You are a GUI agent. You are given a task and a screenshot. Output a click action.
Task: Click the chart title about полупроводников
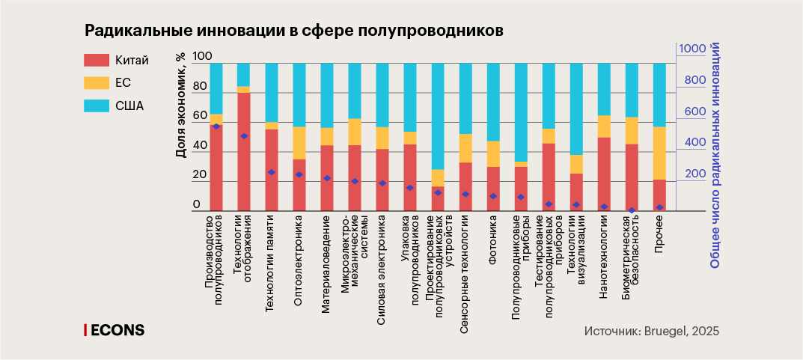tap(294, 31)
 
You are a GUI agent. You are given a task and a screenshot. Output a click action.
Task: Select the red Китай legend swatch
tap(97, 60)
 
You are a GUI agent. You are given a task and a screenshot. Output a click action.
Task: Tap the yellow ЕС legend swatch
tap(97, 82)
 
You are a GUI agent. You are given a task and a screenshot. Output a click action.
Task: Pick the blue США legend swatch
tap(97, 106)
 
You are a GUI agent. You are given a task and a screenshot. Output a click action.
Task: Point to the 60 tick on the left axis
tap(199, 116)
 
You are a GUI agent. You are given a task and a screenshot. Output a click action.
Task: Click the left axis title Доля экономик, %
tap(180, 106)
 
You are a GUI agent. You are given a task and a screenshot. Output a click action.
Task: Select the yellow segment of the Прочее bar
tap(659, 153)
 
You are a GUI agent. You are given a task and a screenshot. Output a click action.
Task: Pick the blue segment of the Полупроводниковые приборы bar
tap(521, 112)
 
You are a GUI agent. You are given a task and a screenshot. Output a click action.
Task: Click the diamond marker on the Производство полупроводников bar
tap(216, 126)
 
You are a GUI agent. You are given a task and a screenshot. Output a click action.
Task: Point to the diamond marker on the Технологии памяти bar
tap(272, 172)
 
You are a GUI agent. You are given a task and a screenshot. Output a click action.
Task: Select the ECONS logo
tap(114, 330)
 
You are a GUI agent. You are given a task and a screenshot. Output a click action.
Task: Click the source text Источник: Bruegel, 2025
tap(651, 330)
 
